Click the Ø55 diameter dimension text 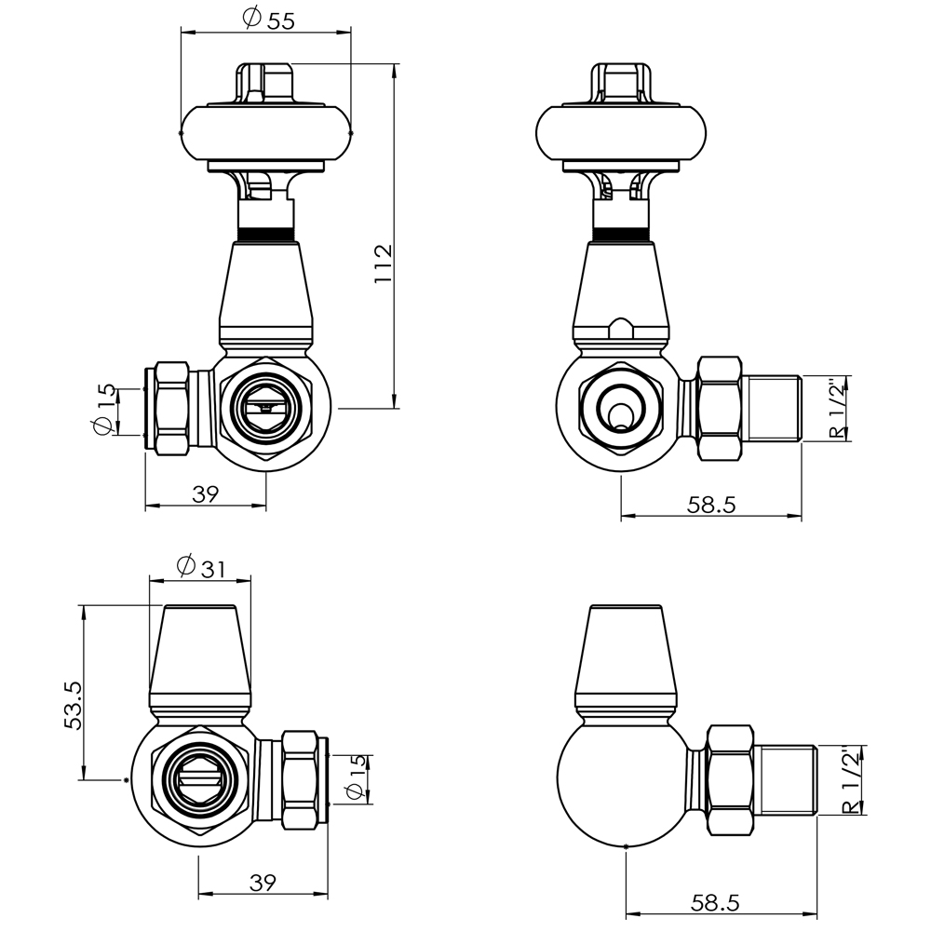pyautogui.click(x=267, y=19)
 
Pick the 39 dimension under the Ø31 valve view pyautogui.click(x=263, y=881)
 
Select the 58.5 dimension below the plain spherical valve pyautogui.click(x=714, y=902)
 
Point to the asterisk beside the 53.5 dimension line pyautogui.click(x=125, y=780)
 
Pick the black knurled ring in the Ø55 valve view pyautogui.click(x=266, y=234)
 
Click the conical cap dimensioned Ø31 pyautogui.click(x=200, y=656)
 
